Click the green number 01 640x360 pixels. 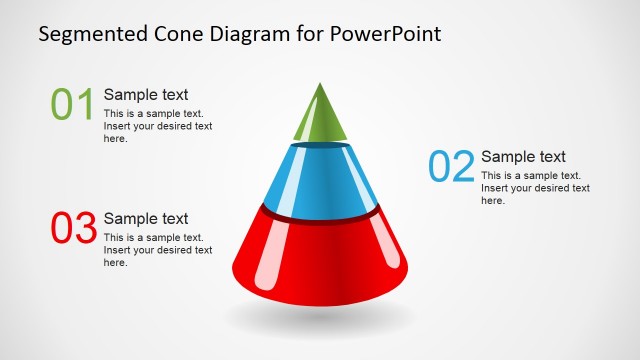[72, 104]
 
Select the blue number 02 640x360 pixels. [450, 166]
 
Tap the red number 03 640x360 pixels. [72, 228]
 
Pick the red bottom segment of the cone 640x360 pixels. [320, 255]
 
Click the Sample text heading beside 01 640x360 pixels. [146, 95]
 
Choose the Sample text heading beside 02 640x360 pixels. [523, 157]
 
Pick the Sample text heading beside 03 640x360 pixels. [146, 219]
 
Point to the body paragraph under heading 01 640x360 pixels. [158, 126]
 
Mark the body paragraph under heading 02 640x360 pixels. [535, 188]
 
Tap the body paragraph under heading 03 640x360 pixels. [158, 250]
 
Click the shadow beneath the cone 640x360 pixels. [320, 317]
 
